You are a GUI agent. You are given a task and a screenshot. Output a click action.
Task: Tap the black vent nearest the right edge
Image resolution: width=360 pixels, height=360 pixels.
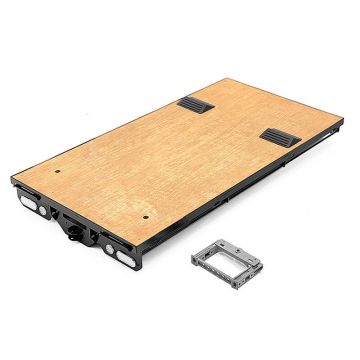click(x=279, y=137)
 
